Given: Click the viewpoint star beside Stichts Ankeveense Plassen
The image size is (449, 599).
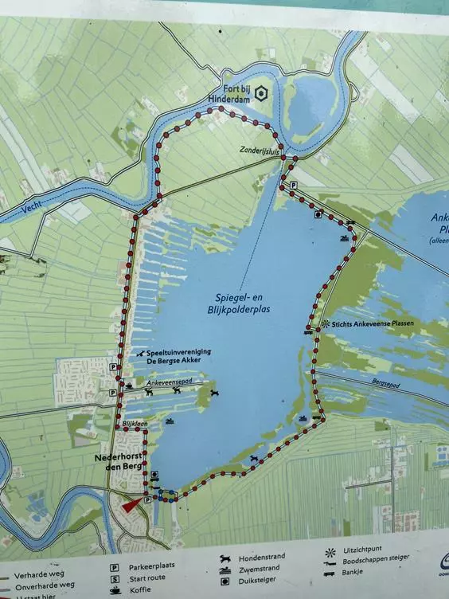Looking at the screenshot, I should [326, 323].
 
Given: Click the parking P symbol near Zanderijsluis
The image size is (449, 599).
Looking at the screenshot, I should [293, 185].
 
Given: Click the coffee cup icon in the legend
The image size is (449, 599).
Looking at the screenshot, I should [115, 590].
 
